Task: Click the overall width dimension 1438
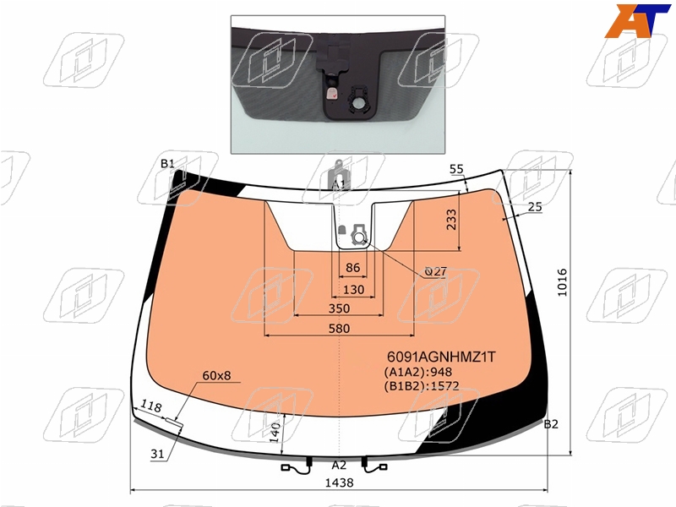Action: click(x=339, y=482)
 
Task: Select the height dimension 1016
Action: click(x=562, y=282)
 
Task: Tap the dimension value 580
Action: click(x=339, y=329)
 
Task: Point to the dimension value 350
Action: click(x=339, y=308)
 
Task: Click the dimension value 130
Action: click(x=353, y=289)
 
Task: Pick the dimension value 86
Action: click(x=352, y=268)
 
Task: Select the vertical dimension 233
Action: click(x=451, y=220)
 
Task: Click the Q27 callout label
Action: click(x=435, y=271)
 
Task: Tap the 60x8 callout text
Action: click(x=216, y=375)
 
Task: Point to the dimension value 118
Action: click(x=151, y=406)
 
